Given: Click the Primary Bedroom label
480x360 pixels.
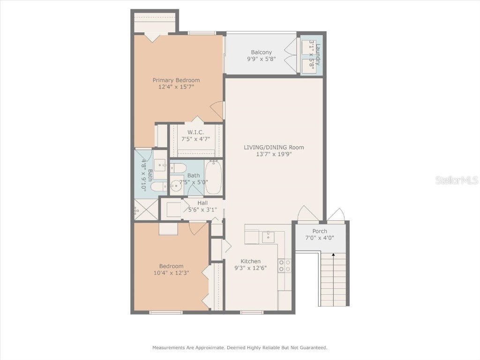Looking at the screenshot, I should [x=176, y=80].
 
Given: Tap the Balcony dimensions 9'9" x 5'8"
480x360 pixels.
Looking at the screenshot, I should [x=261, y=60].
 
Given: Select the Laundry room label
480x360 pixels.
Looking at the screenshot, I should [x=317, y=52].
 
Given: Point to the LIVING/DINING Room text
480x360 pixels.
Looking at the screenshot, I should [x=274, y=147].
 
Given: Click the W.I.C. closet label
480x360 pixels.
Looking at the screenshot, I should [x=195, y=132].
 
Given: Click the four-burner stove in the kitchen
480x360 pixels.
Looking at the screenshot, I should [x=284, y=266].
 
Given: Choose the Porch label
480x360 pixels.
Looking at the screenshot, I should [x=320, y=231].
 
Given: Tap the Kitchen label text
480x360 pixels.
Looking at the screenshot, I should [x=251, y=261].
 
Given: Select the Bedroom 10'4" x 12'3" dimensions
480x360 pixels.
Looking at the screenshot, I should [x=171, y=273].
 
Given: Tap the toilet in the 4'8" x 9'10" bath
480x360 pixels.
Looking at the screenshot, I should [x=158, y=187].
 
